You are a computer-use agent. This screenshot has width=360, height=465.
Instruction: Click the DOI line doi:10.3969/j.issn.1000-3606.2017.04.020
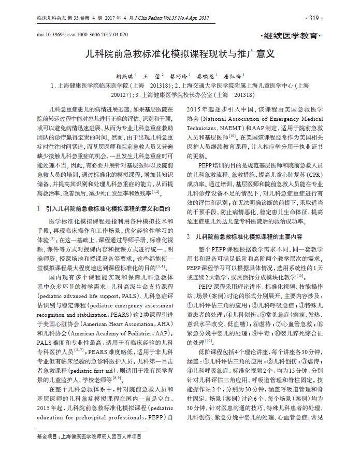click(x=82, y=34)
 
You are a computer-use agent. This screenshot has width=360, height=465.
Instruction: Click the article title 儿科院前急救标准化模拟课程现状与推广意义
click(x=180, y=53)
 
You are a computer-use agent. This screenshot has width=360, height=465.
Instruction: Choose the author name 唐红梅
click(x=234, y=76)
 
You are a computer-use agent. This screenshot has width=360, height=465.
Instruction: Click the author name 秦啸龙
click(x=208, y=76)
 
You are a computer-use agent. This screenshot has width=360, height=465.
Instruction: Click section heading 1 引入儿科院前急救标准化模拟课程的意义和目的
click(x=104, y=208)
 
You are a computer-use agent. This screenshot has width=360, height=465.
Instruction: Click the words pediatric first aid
click(x=104, y=370)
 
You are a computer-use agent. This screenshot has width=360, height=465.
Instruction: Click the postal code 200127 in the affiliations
click(x=121, y=95)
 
